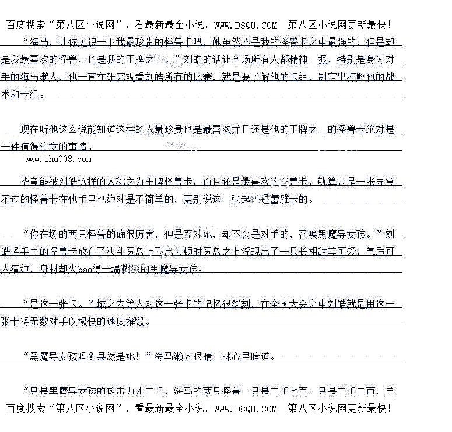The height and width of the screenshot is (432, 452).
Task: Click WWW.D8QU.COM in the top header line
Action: point(246,25)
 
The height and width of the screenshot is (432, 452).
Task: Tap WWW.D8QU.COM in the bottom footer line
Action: point(246,409)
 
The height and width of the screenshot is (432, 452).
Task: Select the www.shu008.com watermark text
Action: point(58,159)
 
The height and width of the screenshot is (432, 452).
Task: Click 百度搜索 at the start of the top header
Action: point(23,25)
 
